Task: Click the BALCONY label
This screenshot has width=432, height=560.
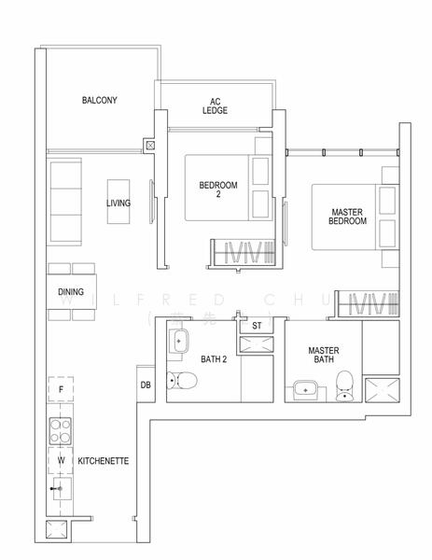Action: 99,100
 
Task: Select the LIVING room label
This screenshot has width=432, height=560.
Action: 118,203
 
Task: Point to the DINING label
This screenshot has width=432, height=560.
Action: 71,292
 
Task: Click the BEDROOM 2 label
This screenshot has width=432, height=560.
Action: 218,190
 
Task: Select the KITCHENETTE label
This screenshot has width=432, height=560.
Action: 104,461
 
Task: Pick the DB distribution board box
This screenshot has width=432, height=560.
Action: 146,385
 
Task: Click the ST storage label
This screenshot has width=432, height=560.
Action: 258,326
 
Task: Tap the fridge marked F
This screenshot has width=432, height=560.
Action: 61,388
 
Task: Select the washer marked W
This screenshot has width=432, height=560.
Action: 61,460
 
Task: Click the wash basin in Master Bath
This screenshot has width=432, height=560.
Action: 305,389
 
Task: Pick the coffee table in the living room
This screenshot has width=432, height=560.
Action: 118,202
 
